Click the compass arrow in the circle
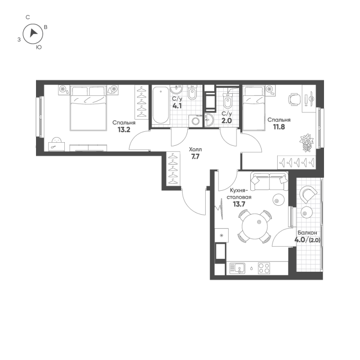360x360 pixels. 32,33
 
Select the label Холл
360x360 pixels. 195,147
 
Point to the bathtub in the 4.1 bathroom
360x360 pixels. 160,106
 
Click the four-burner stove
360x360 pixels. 264,268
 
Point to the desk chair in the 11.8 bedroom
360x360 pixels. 295,99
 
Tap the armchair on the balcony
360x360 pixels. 310,194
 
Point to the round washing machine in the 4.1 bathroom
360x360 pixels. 195,121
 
